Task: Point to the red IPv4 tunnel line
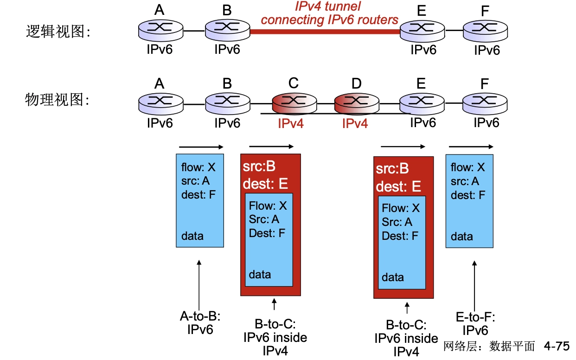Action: coord(325,32)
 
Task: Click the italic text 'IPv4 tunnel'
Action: coord(328,6)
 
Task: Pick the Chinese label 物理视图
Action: coord(57,99)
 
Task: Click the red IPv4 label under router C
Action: coord(291,123)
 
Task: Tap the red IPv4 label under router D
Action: coord(355,123)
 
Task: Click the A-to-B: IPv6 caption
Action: coord(200,323)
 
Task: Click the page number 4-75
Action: coord(556,347)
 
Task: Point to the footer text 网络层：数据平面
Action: coord(489,347)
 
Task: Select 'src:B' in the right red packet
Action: coord(392,169)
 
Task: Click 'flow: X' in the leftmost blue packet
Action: coord(198,167)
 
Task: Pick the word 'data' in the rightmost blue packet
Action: coord(462,237)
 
